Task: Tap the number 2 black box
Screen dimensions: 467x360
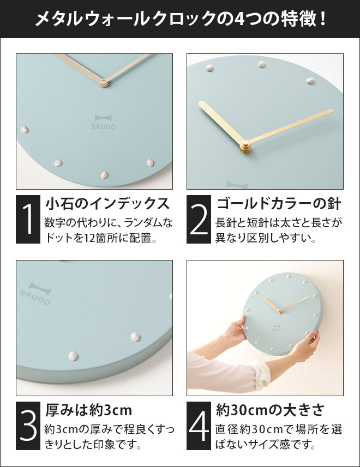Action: coord(200,219)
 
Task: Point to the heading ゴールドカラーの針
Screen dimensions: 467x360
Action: coord(278,204)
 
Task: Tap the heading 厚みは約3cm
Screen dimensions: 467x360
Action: coord(88,410)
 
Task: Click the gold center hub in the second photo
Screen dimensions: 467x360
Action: coord(245,145)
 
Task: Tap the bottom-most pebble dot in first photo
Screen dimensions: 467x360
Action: coord(104,175)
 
